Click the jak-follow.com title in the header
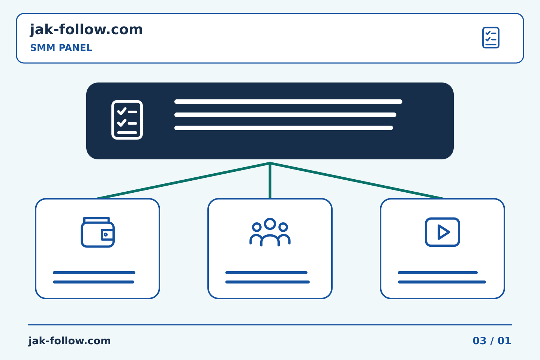point(86,30)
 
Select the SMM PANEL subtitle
point(61,48)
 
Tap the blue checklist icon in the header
point(490,37)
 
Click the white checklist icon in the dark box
point(127,120)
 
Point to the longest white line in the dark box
point(288,102)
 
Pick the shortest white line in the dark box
point(284,128)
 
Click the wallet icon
point(97,232)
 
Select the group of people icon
point(270,232)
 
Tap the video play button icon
point(442,232)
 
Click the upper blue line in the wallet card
point(94,273)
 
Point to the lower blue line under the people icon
point(267,282)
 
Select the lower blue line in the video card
point(442,282)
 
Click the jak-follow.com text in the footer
point(69,341)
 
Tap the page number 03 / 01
point(492,341)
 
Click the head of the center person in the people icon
point(270,223)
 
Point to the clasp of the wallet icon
point(107,235)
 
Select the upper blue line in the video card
point(438,273)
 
